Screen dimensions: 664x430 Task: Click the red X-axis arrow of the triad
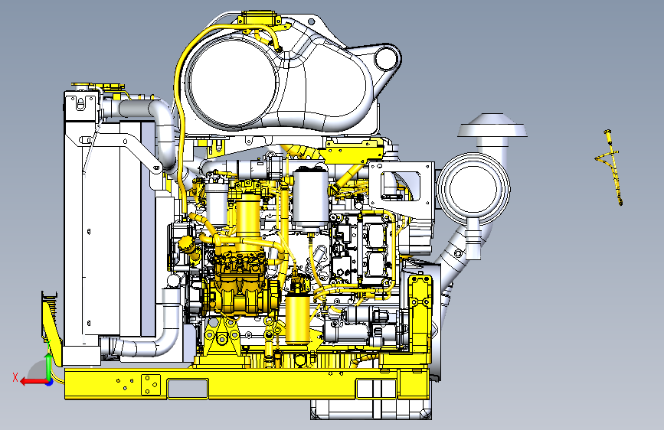(x=33, y=382)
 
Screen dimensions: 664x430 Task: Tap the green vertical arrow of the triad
(x=49, y=366)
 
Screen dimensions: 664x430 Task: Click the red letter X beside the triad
(x=15, y=377)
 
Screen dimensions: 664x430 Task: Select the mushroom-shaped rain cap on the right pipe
(x=492, y=126)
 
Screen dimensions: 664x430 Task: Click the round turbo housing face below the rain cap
(x=473, y=189)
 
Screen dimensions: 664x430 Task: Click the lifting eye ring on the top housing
(x=387, y=57)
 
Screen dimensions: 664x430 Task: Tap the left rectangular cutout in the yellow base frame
(x=188, y=389)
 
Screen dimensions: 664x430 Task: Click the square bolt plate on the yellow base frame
(x=151, y=384)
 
